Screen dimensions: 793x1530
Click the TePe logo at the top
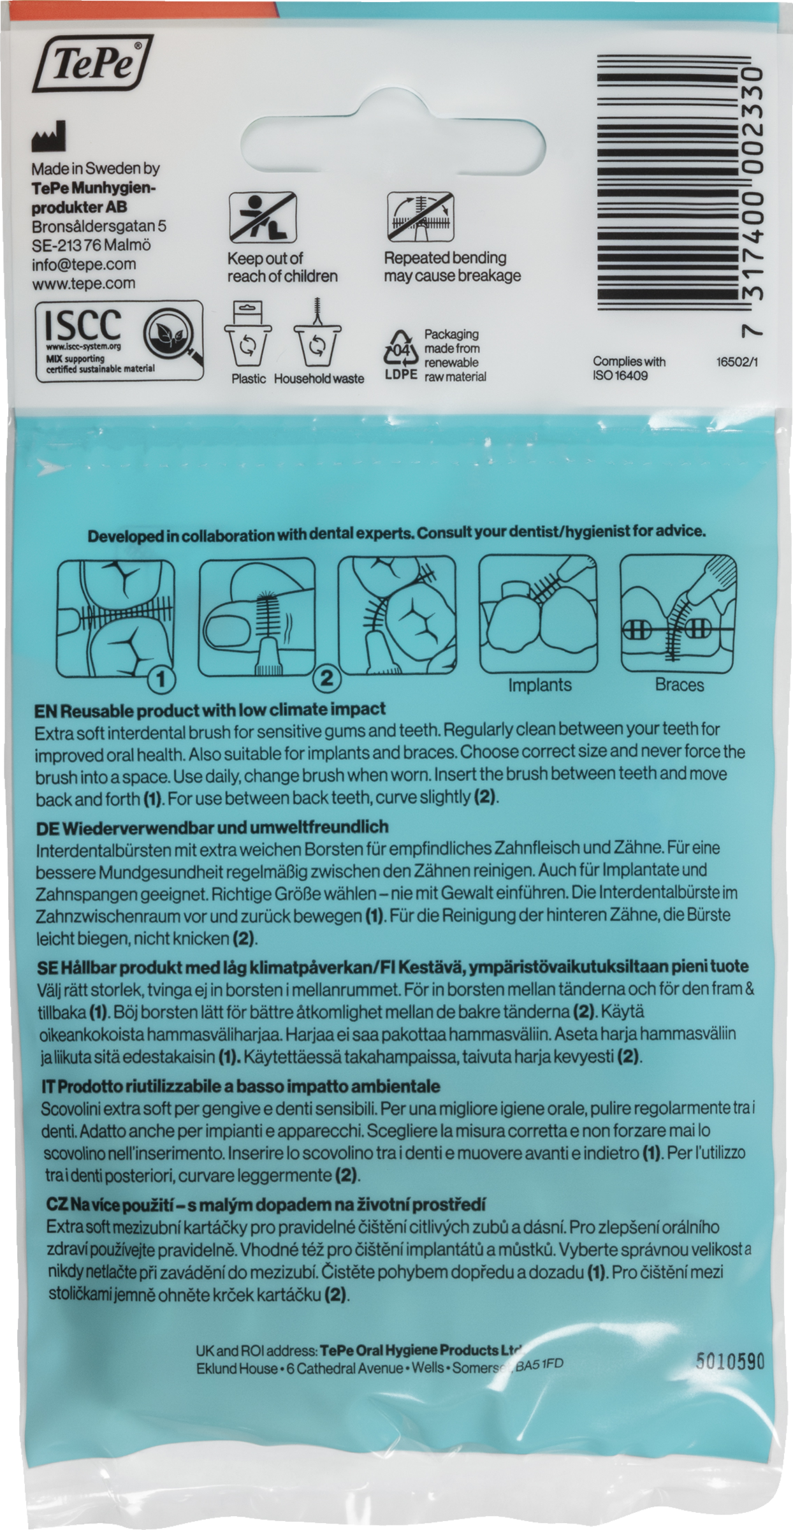pyautogui.click(x=93, y=64)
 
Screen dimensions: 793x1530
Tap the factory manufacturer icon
pyautogui.click(x=48, y=137)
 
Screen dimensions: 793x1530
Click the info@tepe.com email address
pyautogui.click(x=84, y=264)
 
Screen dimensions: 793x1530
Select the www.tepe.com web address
pyautogui.click(x=84, y=283)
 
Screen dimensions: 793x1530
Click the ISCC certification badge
pyautogui.click(x=120, y=342)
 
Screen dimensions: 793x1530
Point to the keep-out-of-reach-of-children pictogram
pyautogui.click(x=263, y=217)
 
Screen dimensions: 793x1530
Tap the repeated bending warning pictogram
pyautogui.click(x=421, y=217)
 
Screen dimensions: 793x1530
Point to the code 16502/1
pyautogui.click(x=738, y=362)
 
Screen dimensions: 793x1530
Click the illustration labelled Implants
pyautogui.click(x=539, y=614)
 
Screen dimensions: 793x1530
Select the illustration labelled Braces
pyautogui.click(x=679, y=614)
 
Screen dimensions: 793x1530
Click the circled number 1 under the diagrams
pyautogui.click(x=161, y=680)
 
